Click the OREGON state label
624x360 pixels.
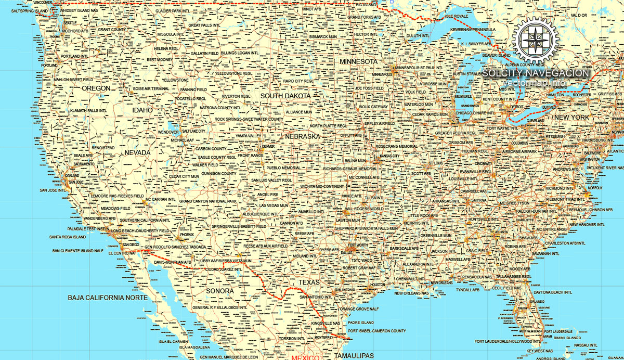(x=96, y=88)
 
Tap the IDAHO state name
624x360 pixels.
(x=142, y=110)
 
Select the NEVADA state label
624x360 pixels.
(x=137, y=153)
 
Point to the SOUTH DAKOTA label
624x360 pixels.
(x=285, y=96)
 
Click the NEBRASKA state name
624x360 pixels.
(x=302, y=136)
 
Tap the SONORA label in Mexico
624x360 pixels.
(x=220, y=291)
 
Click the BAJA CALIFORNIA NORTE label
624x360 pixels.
(x=108, y=298)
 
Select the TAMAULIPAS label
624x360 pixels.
(x=354, y=356)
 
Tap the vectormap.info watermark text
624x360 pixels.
(x=535, y=83)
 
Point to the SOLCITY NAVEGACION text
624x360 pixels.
(x=536, y=73)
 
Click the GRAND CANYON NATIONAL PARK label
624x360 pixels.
(x=208, y=201)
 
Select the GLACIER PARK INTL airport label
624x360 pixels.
(x=173, y=11)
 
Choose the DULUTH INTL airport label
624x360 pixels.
(x=421, y=35)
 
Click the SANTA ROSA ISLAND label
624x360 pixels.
(x=68, y=237)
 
